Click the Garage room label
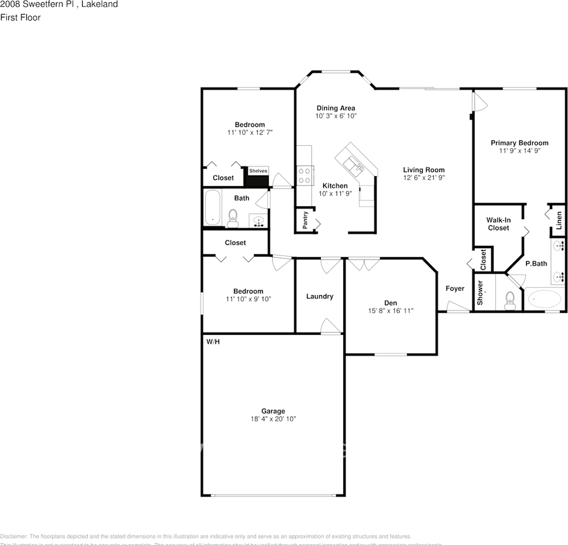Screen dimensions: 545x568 click(273, 411)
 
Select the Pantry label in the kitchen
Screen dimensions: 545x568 click(305, 220)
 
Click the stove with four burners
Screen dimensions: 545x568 click(304, 174)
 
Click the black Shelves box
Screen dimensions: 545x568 click(257, 177)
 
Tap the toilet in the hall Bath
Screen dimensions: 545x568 click(232, 218)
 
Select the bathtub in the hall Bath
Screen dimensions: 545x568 click(213, 208)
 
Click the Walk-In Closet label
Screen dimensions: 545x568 click(498, 224)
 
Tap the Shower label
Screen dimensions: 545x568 click(480, 292)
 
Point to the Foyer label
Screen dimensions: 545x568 click(454, 288)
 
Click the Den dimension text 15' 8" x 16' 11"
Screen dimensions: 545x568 click(390, 311)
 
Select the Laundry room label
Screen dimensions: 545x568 click(319, 296)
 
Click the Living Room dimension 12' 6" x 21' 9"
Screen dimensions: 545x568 click(424, 178)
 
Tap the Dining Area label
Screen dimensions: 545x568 click(336, 108)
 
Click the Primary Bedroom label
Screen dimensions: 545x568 click(519, 143)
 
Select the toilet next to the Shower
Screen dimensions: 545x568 click(509, 300)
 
